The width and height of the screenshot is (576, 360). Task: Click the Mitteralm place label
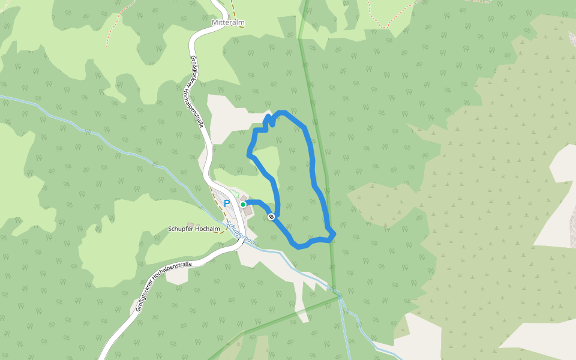point(228,22)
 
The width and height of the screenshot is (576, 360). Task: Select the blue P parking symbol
point(227,203)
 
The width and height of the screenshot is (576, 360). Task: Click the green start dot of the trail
point(243,205)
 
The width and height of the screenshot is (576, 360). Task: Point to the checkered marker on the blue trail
point(272,216)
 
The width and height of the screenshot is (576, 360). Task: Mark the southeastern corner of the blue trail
point(331,235)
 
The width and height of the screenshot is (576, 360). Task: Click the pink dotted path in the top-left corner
point(112,33)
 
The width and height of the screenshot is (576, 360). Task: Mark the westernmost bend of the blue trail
point(249,155)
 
